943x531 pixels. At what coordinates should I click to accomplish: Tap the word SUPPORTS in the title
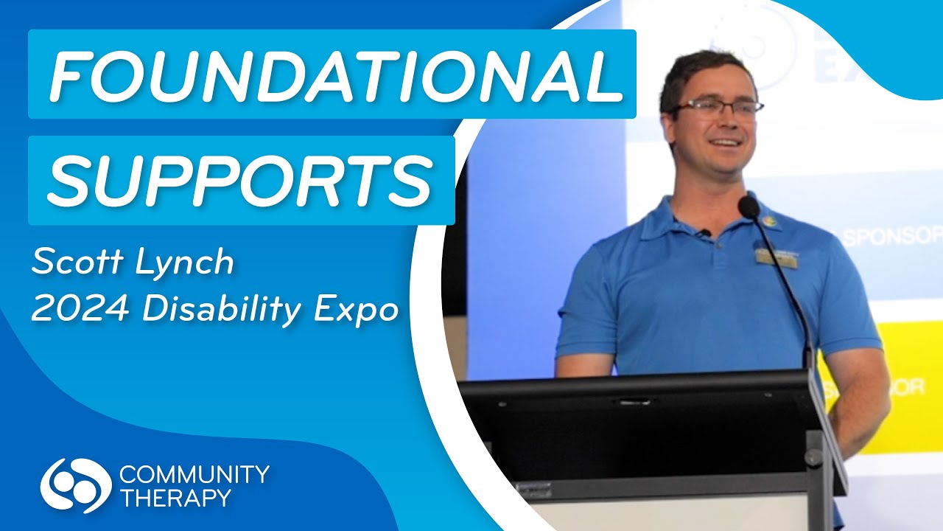pos(240,179)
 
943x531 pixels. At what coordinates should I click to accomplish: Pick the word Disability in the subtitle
pos(224,310)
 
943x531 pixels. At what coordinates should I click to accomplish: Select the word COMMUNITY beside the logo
pos(193,473)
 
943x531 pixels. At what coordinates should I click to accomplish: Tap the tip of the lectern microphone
pos(749,206)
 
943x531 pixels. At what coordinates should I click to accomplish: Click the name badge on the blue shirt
pos(777,259)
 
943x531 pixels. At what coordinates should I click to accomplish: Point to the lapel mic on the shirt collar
pos(704,233)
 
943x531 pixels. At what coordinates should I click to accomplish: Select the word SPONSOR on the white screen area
pos(892,237)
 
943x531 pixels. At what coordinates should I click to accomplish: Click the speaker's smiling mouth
pos(723,142)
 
